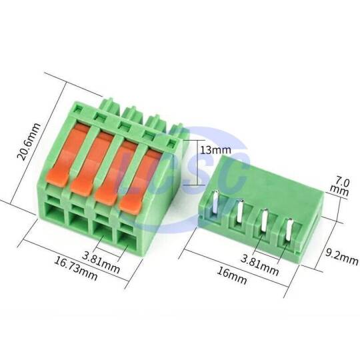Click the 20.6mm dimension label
(29, 141)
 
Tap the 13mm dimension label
(215, 150)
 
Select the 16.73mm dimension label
(75, 269)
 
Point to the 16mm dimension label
(232, 275)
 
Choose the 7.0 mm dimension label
(340, 187)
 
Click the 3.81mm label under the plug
(101, 262)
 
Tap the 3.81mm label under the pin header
(259, 265)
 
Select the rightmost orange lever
(138, 181)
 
